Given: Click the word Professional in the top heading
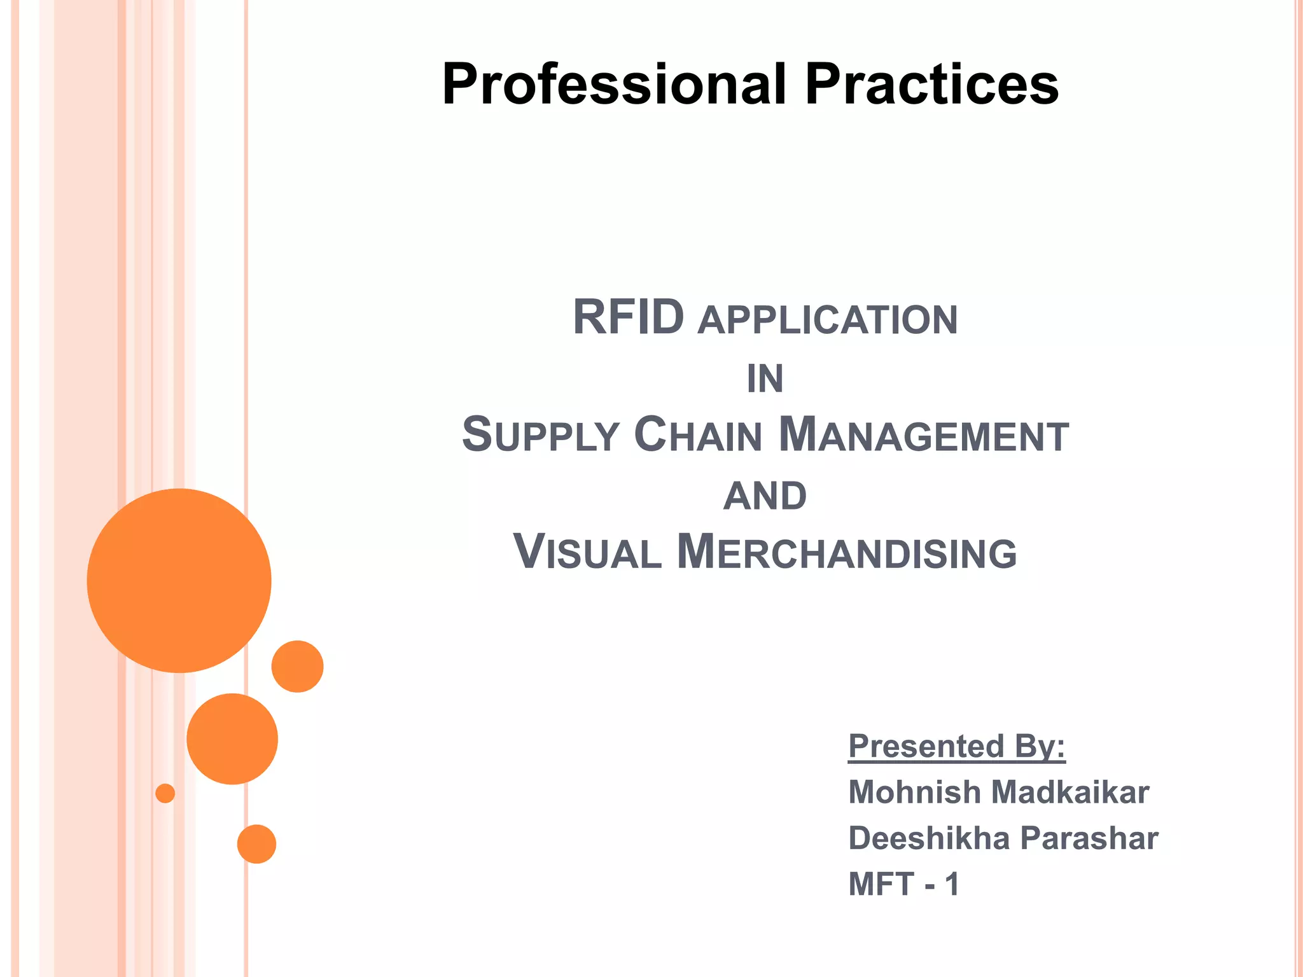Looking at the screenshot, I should [x=614, y=85].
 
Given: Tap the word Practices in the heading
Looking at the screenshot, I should [x=931, y=85].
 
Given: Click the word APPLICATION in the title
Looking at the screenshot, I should [x=827, y=320].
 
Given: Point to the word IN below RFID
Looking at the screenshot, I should [x=765, y=379].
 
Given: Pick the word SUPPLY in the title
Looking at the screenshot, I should [x=541, y=436].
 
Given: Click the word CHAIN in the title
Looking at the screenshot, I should [x=698, y=436].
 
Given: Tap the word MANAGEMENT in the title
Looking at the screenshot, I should [x=924, y=436].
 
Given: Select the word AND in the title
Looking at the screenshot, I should [x=765, y=496].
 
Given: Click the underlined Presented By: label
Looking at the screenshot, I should [x=956, y=747].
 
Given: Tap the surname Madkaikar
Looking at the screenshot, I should [x=1070, y=793].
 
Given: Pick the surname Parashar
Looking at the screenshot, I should [x=1089, y=838].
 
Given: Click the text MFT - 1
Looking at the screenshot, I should [x=903, y=884].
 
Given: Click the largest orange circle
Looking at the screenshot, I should [x=179, y=580].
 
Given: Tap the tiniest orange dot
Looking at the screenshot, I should [x=165, y=793].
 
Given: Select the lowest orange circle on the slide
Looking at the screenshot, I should [x=256, y=844].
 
